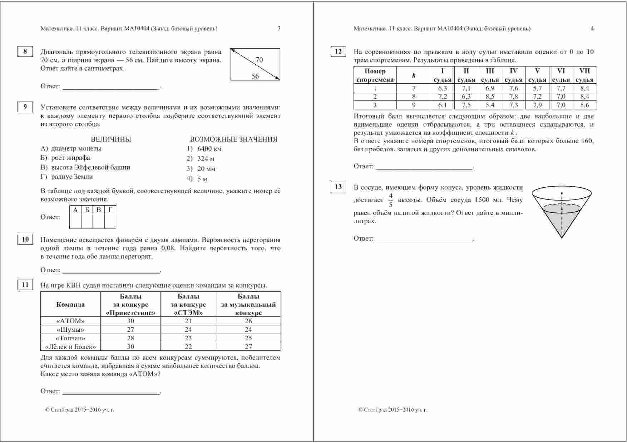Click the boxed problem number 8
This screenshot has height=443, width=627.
[25, 51]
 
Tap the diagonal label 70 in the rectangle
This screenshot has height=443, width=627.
[259, 60]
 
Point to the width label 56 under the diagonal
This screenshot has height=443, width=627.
[255, 76]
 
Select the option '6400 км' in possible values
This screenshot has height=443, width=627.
[209, 149]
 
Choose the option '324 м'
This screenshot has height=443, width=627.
[206, 159]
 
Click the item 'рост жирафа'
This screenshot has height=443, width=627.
[70, 158]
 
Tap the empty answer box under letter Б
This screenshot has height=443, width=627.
[87, 221]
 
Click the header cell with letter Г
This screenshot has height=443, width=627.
[110, 210]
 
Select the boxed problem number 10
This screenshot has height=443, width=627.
[25, 240]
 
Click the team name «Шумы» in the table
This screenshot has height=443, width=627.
[70, 330]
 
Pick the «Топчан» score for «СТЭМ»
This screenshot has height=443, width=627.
[188, 338]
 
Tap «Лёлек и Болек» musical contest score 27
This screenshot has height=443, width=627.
[248, 346]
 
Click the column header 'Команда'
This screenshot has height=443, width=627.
[70, 305]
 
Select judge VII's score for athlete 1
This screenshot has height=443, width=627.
[584, 88]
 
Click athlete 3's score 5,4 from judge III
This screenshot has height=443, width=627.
[490, 105]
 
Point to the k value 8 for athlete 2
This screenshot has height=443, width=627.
[414, 97]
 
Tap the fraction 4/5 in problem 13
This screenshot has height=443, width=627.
[390, 200]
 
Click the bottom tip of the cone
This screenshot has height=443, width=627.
[562, 237]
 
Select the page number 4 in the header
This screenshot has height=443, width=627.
[592, 29]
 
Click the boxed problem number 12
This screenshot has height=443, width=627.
[338, 51]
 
